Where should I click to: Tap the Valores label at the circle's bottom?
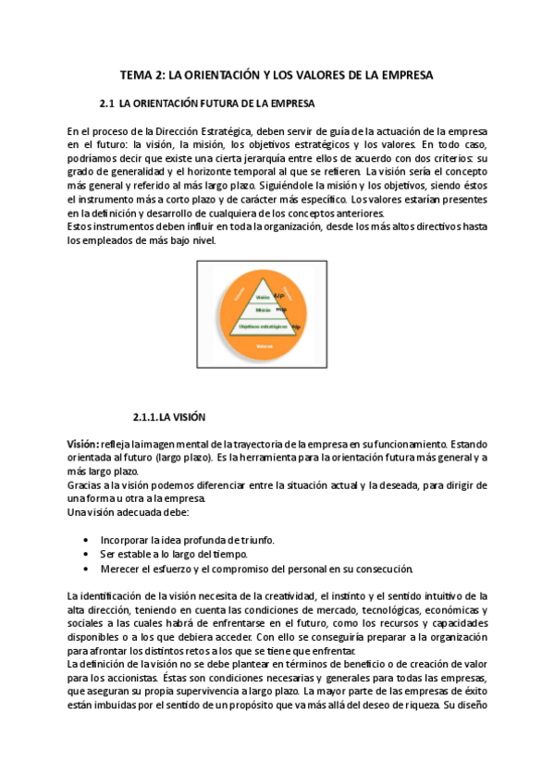click(x=265, y=346)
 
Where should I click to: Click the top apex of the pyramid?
click(x=266, y=281)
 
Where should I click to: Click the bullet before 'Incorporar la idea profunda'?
click(x=86, y=540)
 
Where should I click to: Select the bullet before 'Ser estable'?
click(x=86, y=554)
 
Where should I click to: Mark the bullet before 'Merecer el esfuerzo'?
click(x=86, y=569)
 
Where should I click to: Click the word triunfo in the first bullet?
click(x=253, y=540)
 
